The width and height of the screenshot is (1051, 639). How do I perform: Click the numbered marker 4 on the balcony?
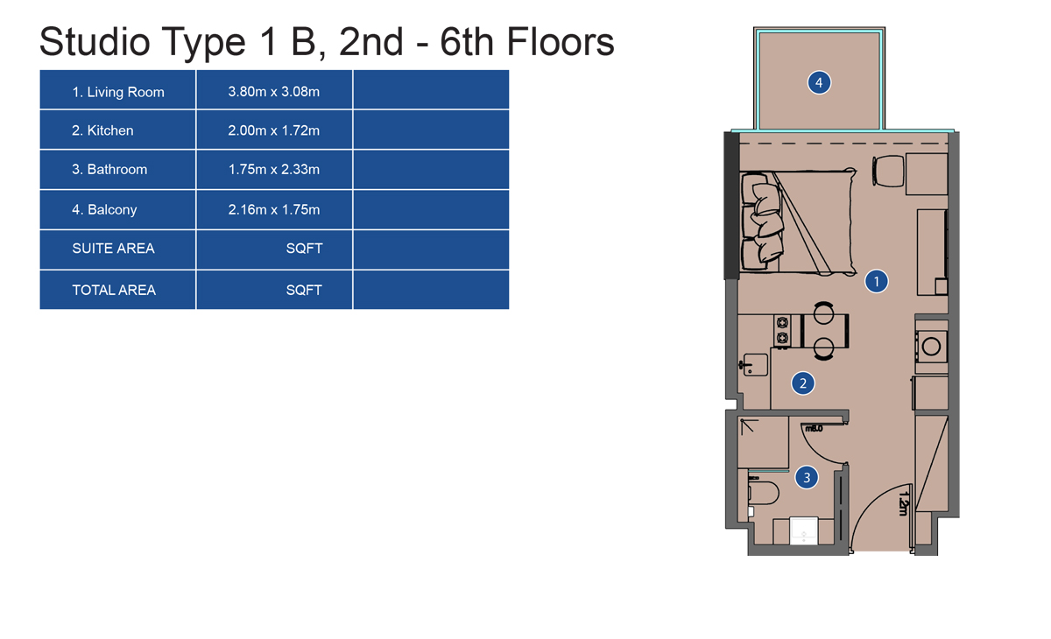(819, 82)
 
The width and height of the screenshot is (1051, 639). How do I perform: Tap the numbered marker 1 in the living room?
(876, 281)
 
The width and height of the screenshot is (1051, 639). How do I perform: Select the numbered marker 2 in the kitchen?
(803, 383)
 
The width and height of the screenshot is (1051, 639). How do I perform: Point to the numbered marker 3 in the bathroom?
(807, 477)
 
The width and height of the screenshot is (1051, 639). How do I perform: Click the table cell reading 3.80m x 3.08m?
(274, 91)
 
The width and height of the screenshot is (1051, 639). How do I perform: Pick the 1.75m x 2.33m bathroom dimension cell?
(274, 169)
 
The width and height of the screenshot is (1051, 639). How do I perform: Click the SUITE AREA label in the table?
(113, 249)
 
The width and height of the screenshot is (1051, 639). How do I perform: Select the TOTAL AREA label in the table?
(114, 291)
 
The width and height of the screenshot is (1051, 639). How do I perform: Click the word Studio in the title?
(95, 42)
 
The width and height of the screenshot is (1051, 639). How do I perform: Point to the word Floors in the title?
(561, 42)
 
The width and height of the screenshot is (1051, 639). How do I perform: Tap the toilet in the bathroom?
(763, 491)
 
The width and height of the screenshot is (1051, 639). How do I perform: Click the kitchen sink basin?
(755, 365)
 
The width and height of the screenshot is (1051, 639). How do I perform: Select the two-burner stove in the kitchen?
(781, 331)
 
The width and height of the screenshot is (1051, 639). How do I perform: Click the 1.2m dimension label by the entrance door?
(904, 503)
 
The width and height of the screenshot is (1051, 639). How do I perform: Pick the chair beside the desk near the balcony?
(888, 171)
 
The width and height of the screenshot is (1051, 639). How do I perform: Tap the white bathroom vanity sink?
(804, 530)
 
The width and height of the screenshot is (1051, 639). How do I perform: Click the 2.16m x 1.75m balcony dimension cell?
(274, 209)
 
